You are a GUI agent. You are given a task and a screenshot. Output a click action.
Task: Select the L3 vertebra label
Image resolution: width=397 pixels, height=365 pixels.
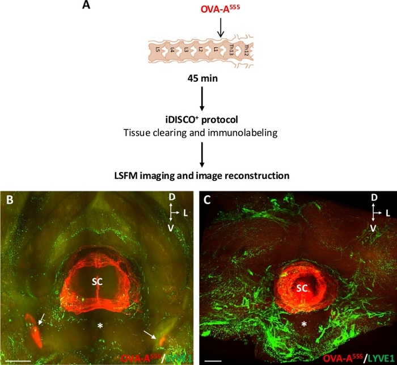(x=187, y=51)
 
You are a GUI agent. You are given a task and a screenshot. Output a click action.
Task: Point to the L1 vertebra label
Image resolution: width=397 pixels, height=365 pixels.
(x=216, y=51)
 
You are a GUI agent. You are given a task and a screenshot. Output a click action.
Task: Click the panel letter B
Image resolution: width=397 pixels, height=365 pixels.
(x=9, y=199)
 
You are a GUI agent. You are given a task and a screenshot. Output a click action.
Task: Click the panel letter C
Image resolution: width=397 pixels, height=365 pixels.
(x=208, y=200)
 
